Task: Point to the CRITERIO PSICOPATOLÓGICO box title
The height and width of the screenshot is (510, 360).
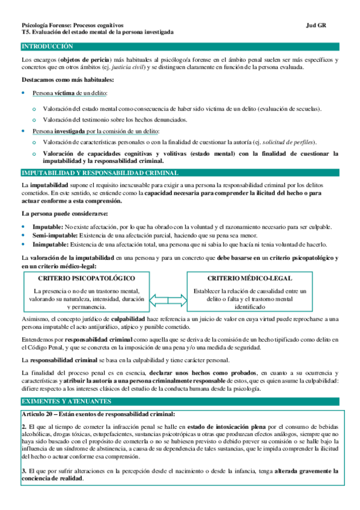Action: click(x=86, y=279)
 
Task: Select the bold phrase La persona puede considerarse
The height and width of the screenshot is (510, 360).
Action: click(x=56, y=214)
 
